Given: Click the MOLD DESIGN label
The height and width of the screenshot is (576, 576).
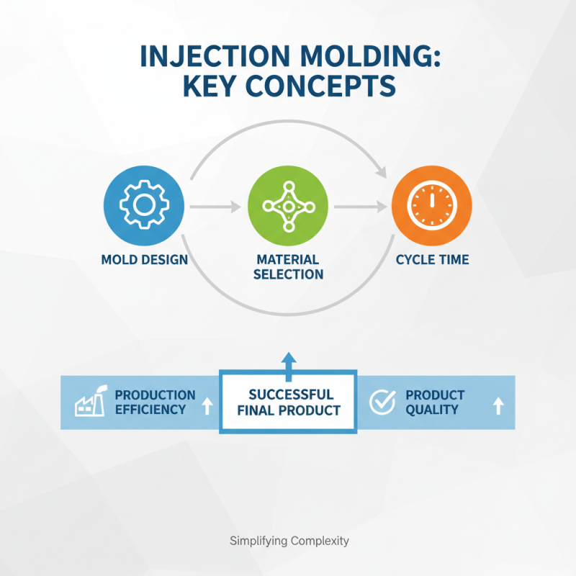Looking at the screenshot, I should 144,259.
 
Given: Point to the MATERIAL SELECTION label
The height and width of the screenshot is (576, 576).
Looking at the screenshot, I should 288,266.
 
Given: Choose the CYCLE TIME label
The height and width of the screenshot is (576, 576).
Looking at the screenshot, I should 432,259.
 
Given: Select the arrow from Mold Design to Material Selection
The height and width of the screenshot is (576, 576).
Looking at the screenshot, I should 216,207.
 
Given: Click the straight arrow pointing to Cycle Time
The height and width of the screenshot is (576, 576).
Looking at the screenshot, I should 360,207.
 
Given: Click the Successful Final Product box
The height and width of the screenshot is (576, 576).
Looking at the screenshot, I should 288,403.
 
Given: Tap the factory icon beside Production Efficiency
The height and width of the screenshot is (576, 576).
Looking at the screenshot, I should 87,403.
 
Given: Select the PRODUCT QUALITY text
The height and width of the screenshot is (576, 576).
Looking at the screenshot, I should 434,402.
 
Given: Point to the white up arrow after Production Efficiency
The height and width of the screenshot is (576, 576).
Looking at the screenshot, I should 207,406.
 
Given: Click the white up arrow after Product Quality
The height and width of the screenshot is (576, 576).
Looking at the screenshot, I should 498,406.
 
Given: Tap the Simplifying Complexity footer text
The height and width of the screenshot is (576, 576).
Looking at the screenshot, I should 288,541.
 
